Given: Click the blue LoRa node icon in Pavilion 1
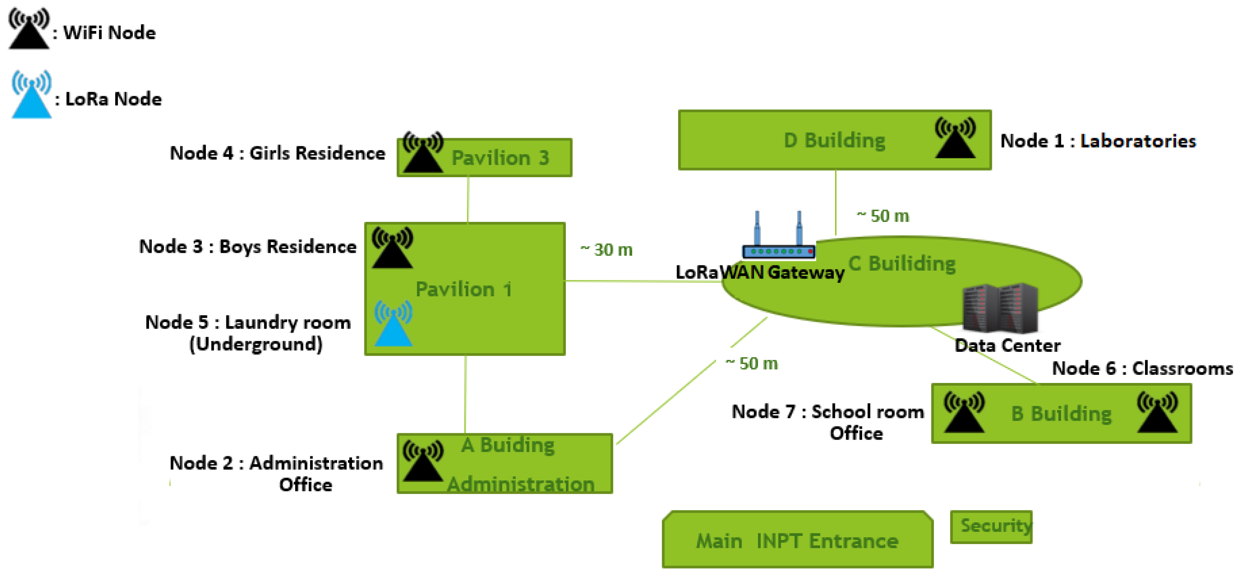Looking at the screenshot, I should [393, 325].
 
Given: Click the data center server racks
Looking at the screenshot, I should [1000, 308].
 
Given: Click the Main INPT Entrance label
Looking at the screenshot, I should [797, 541].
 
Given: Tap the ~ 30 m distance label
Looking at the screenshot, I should [606, 250].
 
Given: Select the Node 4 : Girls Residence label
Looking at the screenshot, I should [277, 153].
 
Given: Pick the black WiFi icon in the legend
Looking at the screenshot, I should [29, 29].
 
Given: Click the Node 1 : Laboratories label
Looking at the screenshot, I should [1098, 141].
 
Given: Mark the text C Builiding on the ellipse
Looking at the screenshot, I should [902, 264].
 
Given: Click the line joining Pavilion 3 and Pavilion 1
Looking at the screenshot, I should [468, 200].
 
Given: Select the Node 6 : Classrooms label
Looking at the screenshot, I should [1142, 368].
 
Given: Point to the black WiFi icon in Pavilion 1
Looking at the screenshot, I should [392, 248].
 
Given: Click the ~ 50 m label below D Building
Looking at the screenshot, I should [883, 216].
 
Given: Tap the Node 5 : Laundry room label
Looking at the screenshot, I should [248, 323].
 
